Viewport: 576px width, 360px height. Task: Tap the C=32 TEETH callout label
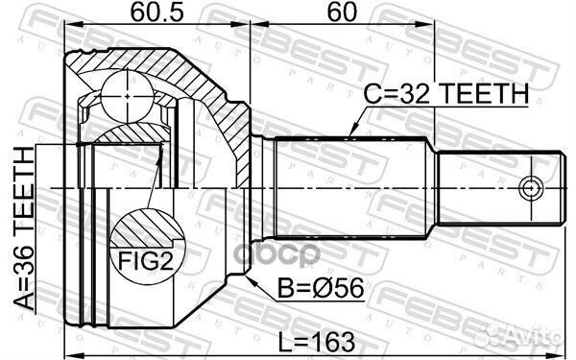coord(445,94)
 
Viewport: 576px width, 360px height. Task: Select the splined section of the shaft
coord(350,187)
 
